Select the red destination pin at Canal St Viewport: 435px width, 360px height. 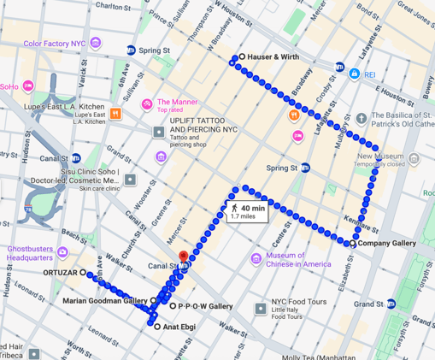182,256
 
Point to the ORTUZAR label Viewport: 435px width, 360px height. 59,273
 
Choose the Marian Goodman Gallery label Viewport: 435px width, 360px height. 105,301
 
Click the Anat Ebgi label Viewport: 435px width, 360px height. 180,327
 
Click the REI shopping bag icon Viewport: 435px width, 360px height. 354,74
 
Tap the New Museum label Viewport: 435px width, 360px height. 380,157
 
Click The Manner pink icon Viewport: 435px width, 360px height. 147,104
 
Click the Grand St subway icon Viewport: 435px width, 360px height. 391,304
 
